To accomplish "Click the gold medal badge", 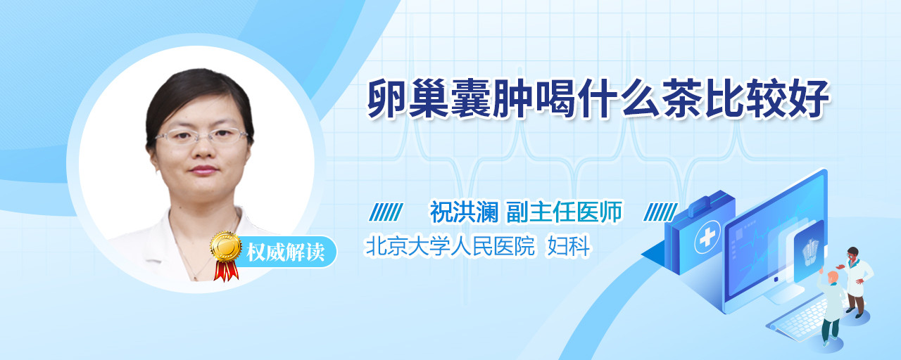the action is coord(226,246).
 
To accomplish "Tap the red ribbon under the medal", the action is coord(226,271).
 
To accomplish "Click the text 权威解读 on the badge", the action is coord(285,252).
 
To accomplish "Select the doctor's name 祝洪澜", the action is coord(464,212).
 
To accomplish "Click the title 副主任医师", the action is coord(565,212).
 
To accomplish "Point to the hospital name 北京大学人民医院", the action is coord(450,246).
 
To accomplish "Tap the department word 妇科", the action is coord(568,246).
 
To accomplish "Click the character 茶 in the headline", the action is coord(682,98).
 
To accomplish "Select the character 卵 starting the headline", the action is coord(388,98).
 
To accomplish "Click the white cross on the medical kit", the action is coord(707,238).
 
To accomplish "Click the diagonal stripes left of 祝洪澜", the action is coord(386,212).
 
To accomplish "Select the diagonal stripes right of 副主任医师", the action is coord(660,212).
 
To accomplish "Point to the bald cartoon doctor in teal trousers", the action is coord(831,307).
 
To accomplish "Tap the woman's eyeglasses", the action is coord(201,136).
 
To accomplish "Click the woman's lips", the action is coord(203,170).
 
